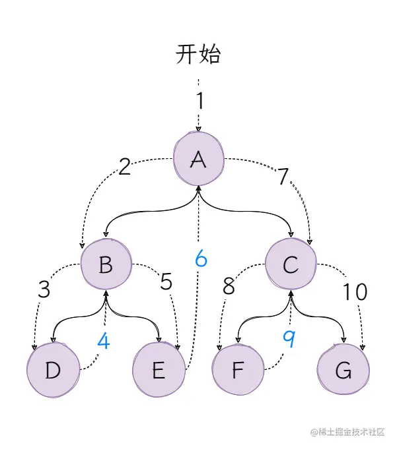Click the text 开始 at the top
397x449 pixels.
point(198,55)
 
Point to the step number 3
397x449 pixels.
point(44,290)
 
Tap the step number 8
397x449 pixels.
point(229,286)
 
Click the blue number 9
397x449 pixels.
point(289,339)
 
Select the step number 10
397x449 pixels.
point(354,291)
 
